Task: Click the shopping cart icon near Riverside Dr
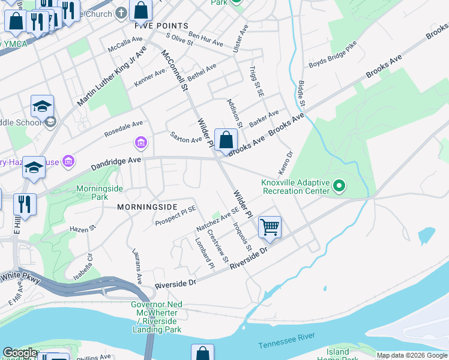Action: (270, 227)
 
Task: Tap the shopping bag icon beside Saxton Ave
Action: (226, 140)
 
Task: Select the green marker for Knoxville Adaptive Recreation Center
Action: (339, 187)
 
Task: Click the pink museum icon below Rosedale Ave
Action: (140, 143)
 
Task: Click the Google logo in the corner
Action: (20, 353)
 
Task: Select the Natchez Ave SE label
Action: (218, 220)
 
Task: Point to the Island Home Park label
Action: (337, 355)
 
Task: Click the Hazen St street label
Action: (83, 229)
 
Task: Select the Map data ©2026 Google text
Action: (411, 355)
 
